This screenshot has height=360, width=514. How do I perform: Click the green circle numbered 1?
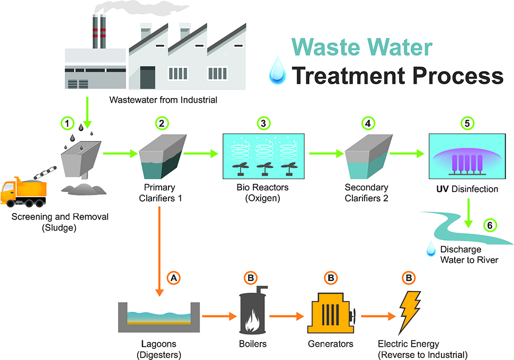[67, 122]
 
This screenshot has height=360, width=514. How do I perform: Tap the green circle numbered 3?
[263, 122]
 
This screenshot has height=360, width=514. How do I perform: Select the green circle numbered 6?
[490, 225]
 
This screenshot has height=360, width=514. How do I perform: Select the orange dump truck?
[23, 192]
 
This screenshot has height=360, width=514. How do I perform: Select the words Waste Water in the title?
[362, 47]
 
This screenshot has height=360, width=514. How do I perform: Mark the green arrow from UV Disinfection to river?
[468, 213]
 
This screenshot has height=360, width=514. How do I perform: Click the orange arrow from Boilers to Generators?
[287, 317]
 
